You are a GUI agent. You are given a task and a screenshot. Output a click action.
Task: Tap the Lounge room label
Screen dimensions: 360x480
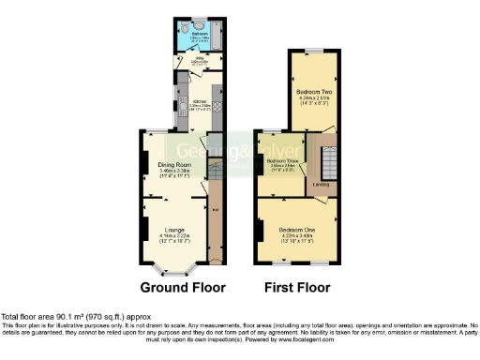(x=172, y=229)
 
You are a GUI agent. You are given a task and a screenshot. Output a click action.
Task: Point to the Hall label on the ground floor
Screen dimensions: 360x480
(x=215, y=208)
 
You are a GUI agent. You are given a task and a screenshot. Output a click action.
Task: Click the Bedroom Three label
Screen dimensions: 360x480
(x=282, y=161)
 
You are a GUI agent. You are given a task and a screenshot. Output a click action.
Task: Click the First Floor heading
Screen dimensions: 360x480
(x=299, y=288)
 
